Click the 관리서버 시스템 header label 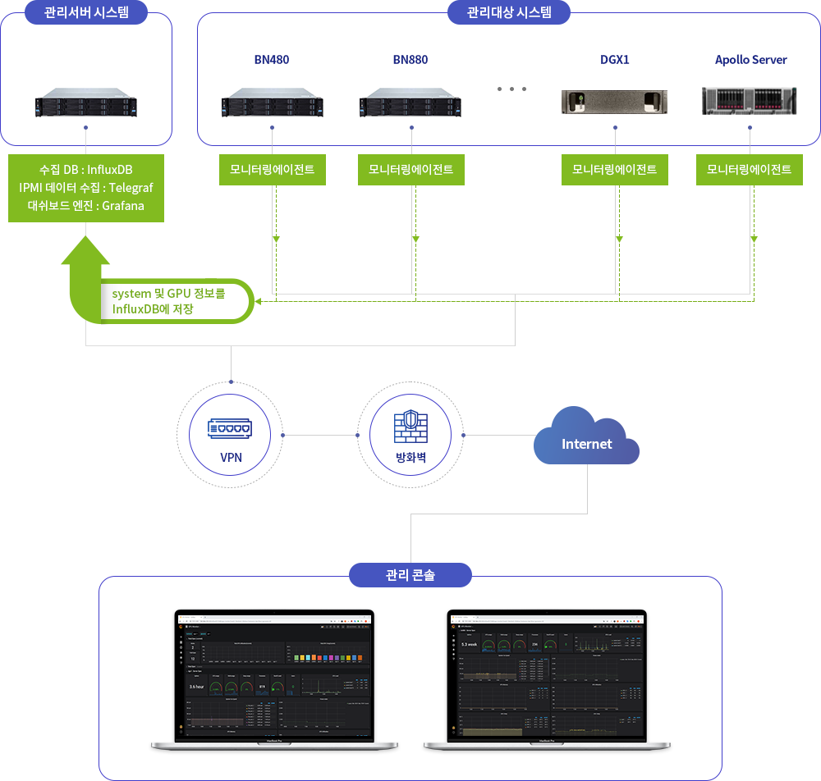tap(85, 12)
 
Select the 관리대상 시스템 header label tap(508, 12)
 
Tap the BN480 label tap(271, 60)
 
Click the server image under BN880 tap(410, 102)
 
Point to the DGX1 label tap(614, 60)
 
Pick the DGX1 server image tap(614, 102)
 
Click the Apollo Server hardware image tap(750, 101)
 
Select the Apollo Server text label tap(750, 60)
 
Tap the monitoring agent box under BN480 tap(272, 170)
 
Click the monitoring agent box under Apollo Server tap(749, 170)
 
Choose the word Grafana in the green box tap(123, 206)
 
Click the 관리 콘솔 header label tap(410, 575)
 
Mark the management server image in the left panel tap(85, 106)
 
